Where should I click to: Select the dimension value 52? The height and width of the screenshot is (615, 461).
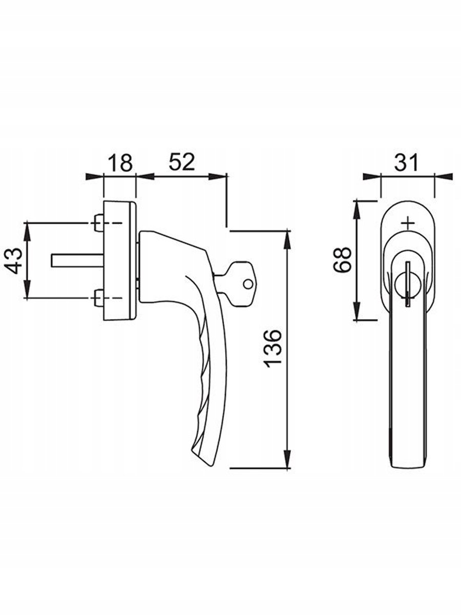click(181, 162)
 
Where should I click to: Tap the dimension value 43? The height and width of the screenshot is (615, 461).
click(14, 260)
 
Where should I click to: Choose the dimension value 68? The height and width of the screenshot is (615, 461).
click(342, 259)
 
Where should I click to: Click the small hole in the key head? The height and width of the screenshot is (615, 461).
click(247, 284)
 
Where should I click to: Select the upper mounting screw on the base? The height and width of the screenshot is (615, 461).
click(98, 223)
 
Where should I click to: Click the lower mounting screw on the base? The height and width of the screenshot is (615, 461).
click(98, 298)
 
